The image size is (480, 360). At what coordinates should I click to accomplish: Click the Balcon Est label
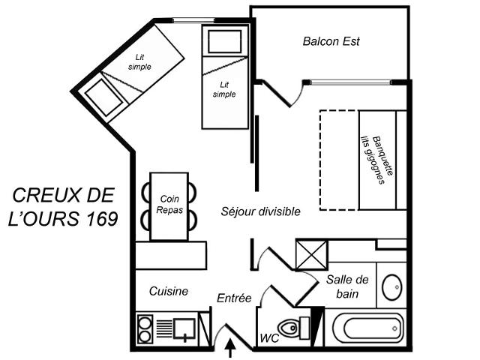pos(331,41)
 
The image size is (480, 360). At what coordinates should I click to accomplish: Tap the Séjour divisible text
pos(260,211)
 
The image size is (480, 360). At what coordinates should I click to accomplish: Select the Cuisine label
pos(168,291)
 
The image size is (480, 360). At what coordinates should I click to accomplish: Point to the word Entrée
pos(233,298)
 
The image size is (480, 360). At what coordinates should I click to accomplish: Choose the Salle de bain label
pos(347,286)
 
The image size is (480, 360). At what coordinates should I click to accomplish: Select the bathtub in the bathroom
pos(365,327)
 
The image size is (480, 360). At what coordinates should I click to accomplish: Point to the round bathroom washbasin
pos(392,287)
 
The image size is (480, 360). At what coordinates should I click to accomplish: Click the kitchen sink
pos(184,327)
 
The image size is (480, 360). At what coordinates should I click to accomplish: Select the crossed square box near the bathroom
pos(311,253)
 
